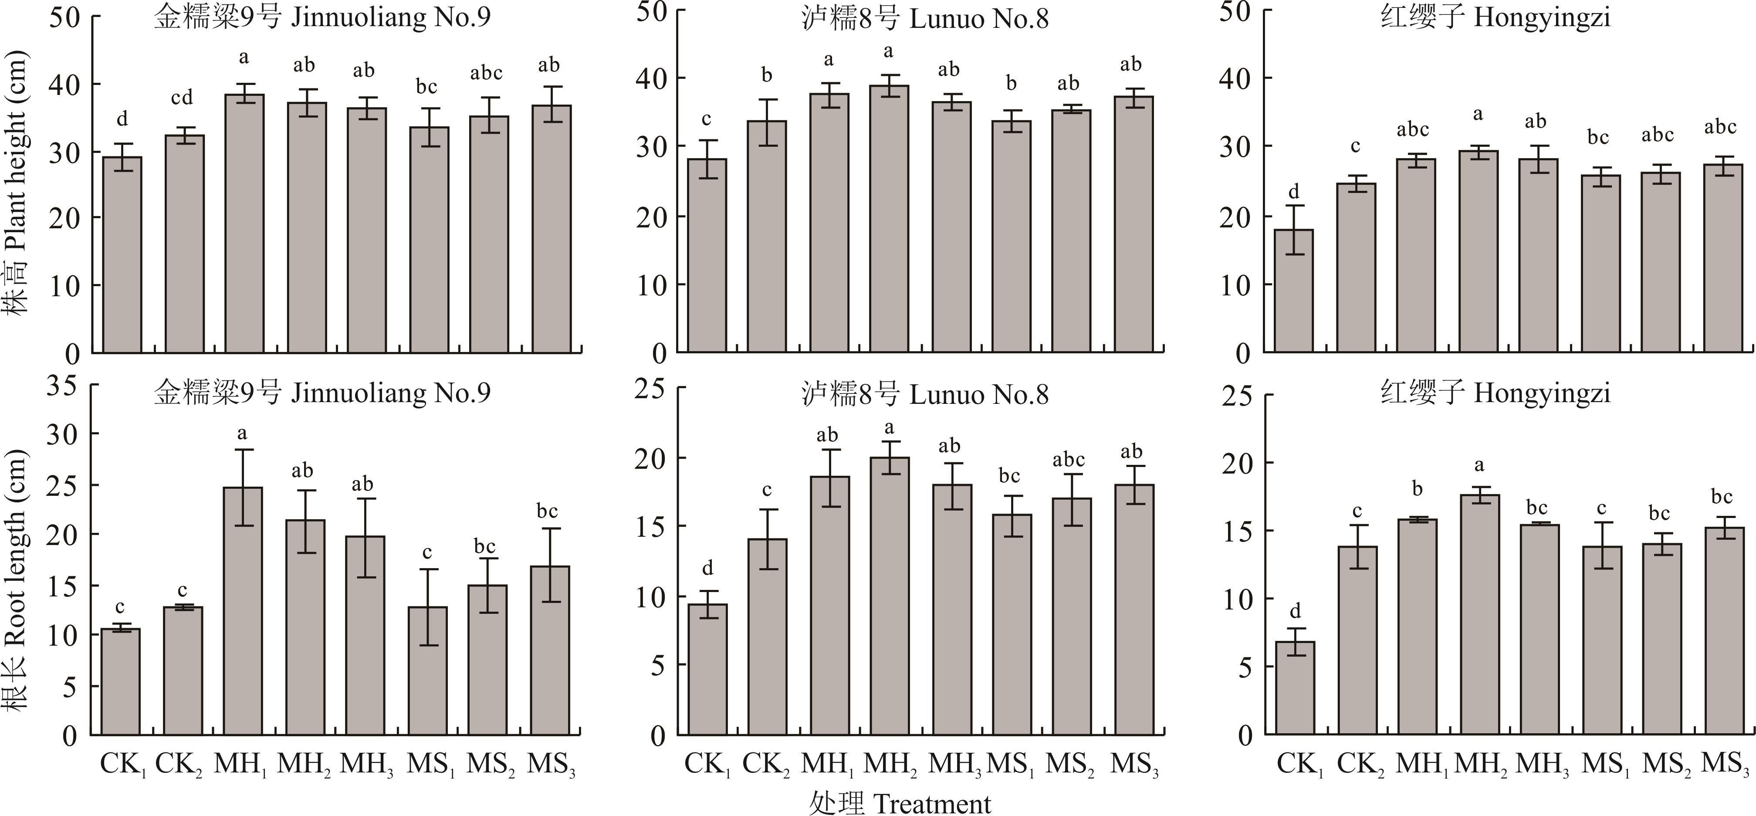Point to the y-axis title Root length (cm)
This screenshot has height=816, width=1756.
tap(15, 579)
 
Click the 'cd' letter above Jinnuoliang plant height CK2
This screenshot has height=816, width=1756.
tap(182, 98)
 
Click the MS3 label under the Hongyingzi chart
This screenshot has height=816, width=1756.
tap(1726, 764)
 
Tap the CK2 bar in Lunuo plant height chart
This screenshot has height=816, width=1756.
tap(767, 237)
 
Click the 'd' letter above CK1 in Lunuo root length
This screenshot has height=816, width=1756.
tap(707, 568)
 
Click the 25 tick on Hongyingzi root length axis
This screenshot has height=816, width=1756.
tap(1237, 396)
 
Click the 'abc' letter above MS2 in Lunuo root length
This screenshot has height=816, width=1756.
tap(1068, 460)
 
